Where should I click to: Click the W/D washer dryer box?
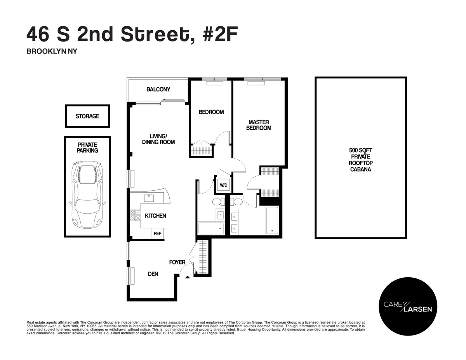coord(223,185)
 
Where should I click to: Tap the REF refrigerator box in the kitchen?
coord(157,234)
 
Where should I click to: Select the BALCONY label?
coord(158,89)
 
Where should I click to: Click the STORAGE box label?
coord(87,116)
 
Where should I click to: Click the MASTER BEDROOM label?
coord(259,125)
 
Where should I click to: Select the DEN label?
coord(153,274)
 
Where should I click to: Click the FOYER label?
coord(177,262)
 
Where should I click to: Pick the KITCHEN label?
coord(155,216)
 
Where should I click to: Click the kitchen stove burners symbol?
coord(135,215)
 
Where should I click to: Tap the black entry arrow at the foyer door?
coord(188,277)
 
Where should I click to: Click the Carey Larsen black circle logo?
coord(408,307)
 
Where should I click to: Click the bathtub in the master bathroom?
coord(272,220)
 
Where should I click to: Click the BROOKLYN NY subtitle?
coord(52,51)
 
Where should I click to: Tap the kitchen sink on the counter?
coord(149,198)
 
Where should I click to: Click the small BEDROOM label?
coord(211,112)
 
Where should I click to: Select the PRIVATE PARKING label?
coord(87,147)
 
